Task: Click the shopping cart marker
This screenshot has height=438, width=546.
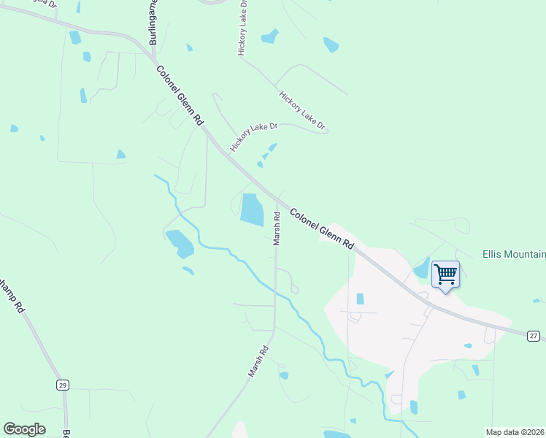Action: tap(445, 275)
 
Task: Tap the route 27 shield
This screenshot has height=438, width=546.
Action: tap(534, 336)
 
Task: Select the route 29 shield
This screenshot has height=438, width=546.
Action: tap(63, 385)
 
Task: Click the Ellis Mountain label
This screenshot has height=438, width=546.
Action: tap(514, 255)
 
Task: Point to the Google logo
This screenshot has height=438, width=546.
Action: tap(24, 429)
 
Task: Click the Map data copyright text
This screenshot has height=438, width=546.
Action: tap(515, 432)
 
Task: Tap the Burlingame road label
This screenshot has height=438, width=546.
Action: tap(154, 23)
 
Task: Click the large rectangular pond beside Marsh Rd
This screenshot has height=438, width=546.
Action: tap(252, 209)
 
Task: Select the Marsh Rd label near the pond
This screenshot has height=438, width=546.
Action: tap(277, 228)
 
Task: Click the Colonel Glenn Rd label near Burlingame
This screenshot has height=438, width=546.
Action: tap(179, 96)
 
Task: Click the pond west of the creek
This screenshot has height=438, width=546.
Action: tap(180, 244)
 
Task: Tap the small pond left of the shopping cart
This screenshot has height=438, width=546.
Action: tap(422, 268)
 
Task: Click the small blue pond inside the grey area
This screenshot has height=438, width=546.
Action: tap(360, 299)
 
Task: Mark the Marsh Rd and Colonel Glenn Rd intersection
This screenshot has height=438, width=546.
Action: tap(277, 198)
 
